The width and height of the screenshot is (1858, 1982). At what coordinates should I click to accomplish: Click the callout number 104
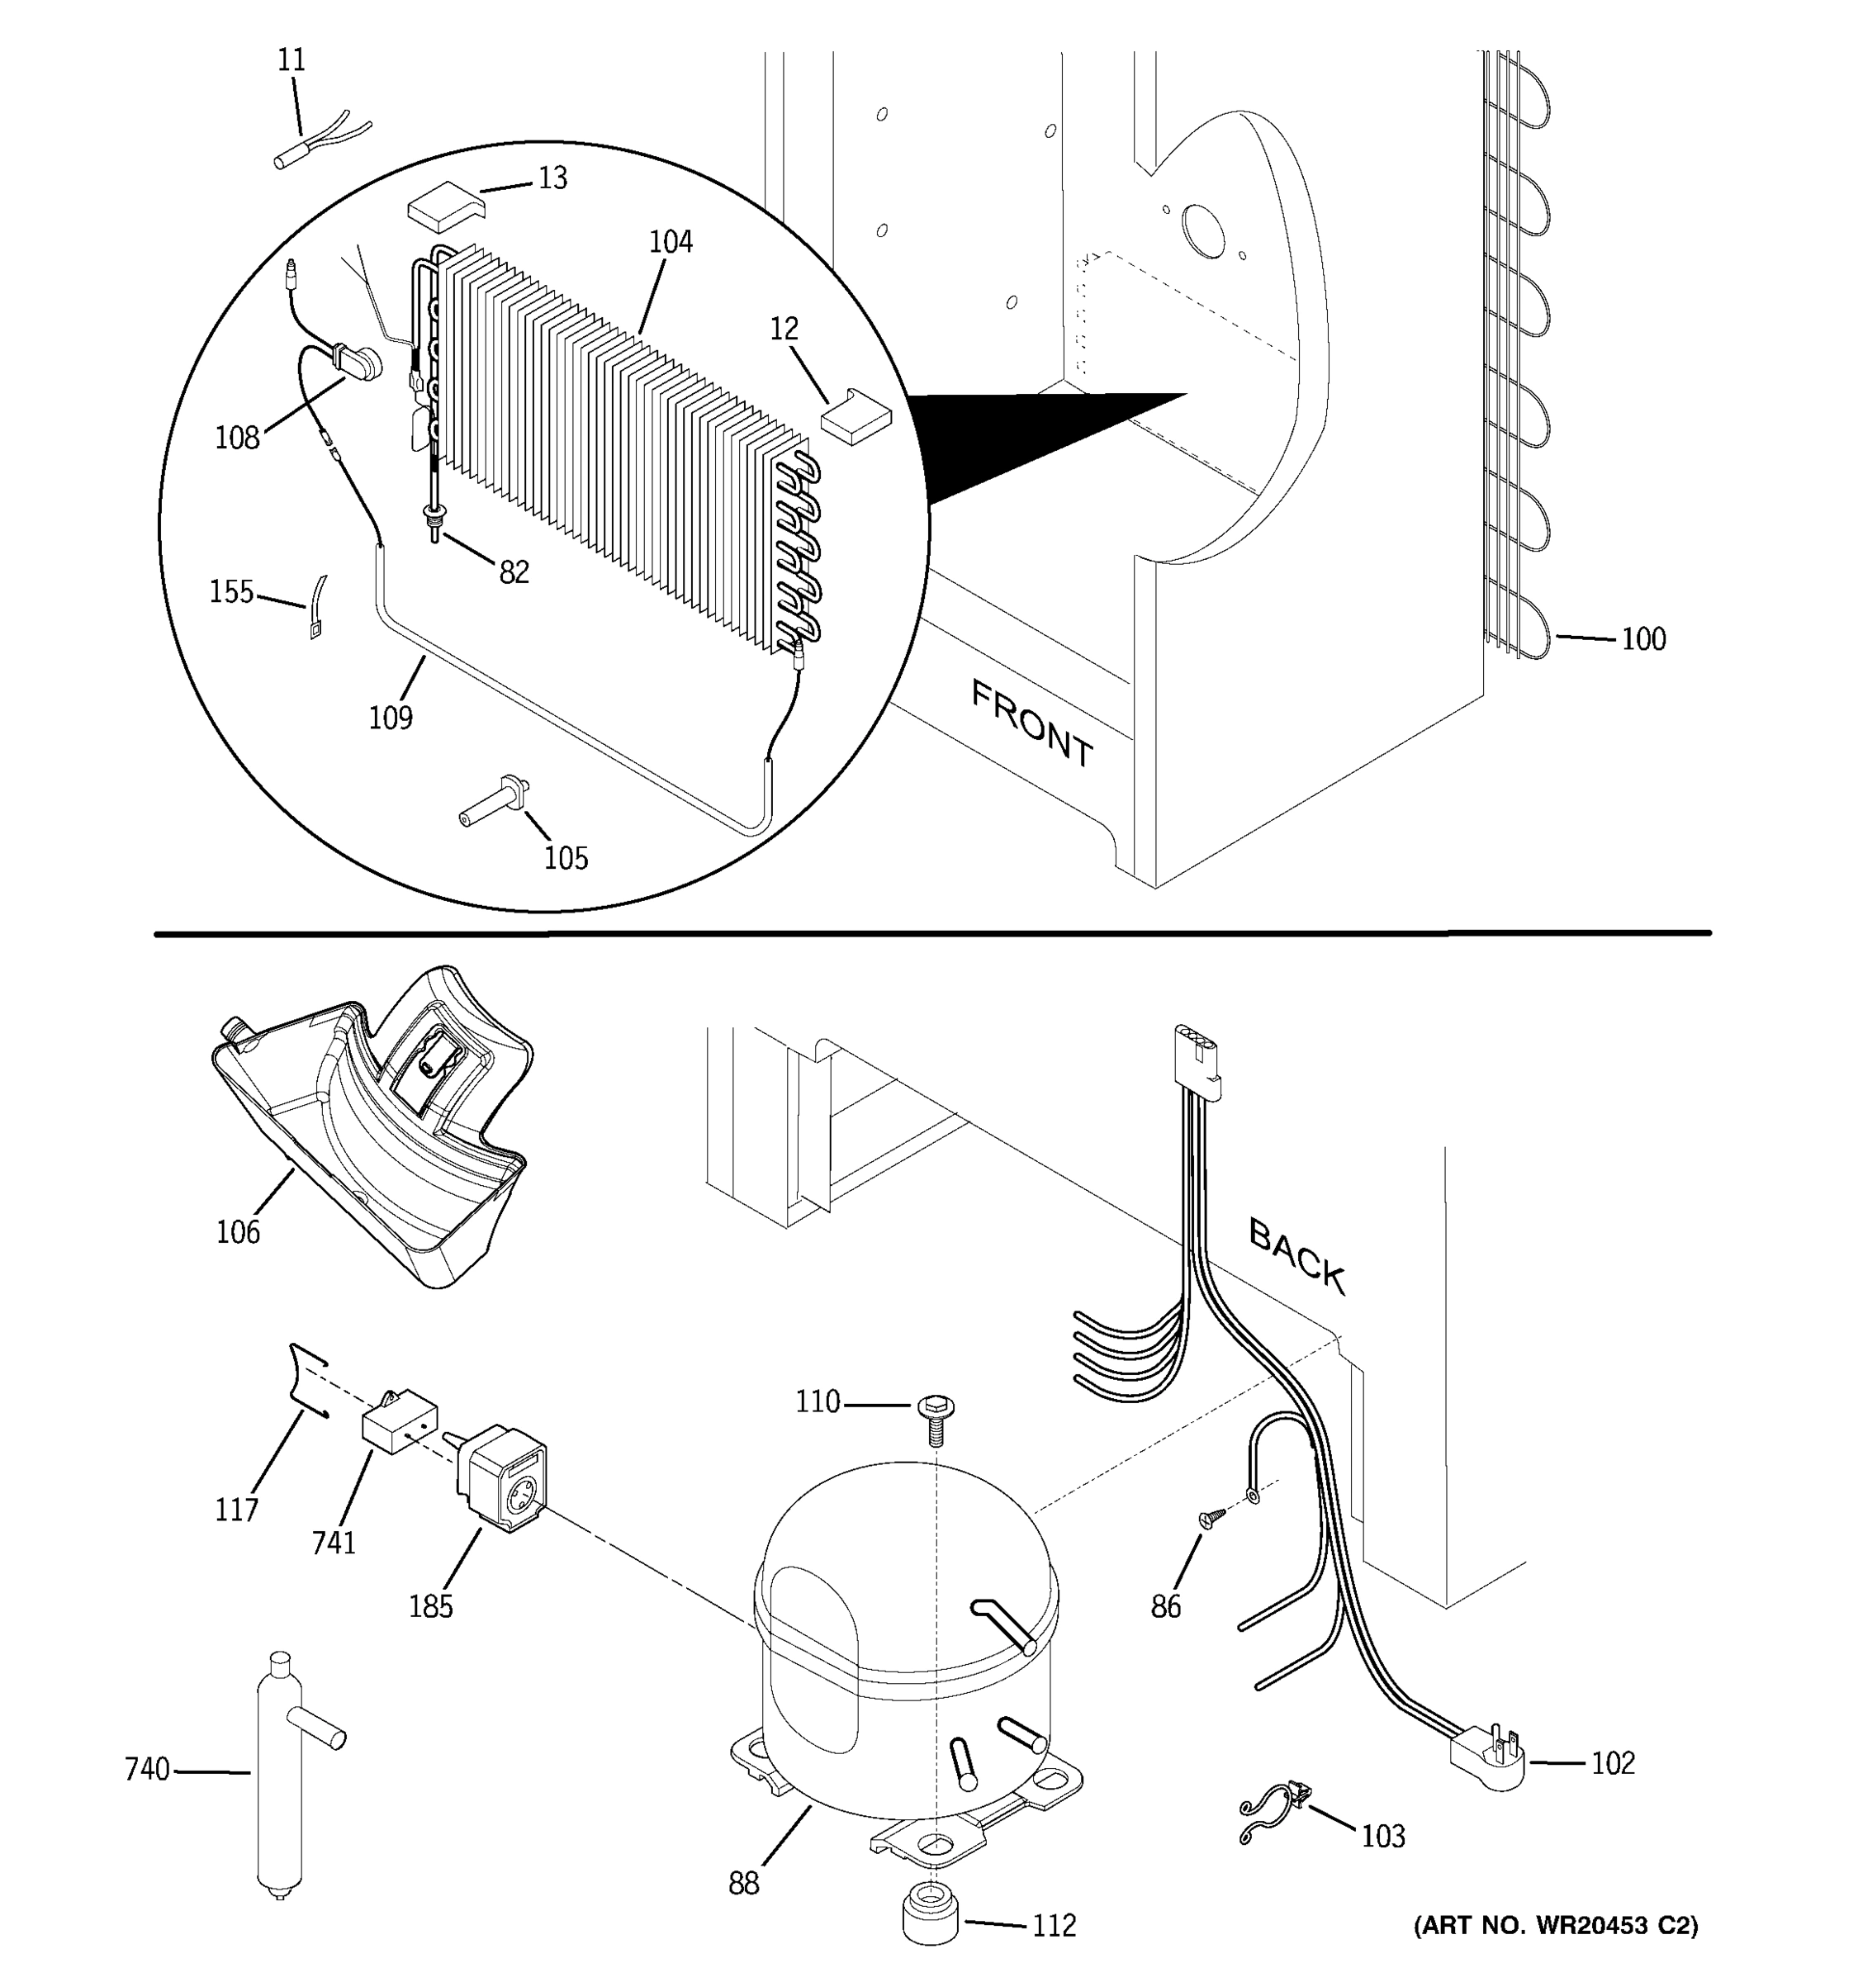point(670,242)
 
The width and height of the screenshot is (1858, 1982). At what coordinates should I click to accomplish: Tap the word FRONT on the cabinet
point(1031,723)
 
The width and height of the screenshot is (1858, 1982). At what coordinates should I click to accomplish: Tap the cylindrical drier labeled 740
point(278,1780)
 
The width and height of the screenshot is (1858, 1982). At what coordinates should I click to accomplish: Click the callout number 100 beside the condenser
point(1642,639)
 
